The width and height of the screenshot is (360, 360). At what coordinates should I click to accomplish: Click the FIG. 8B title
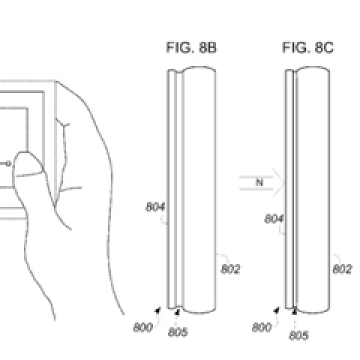191,47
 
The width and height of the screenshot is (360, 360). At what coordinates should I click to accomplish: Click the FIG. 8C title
307,47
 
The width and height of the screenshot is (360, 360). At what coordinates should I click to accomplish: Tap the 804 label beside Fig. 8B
155,207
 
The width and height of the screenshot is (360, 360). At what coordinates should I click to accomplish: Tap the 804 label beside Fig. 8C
274,219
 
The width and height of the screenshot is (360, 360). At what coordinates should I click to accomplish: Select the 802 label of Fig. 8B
230,269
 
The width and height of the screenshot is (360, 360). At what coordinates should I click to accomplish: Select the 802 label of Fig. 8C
342,269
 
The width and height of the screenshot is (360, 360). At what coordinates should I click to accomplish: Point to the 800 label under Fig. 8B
143,327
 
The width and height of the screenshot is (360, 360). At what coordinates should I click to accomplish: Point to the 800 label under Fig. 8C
262,327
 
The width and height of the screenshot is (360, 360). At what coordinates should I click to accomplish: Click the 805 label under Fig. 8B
178,332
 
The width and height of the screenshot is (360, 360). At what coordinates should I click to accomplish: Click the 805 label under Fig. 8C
298,335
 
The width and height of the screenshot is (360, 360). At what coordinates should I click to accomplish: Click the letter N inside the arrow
259,182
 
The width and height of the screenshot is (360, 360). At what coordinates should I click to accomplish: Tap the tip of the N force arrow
285,183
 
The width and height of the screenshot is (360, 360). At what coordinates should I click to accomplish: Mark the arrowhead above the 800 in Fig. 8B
157,310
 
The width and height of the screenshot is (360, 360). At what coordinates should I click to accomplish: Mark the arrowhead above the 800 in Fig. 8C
276,310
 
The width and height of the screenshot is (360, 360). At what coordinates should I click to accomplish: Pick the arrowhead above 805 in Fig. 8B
177,312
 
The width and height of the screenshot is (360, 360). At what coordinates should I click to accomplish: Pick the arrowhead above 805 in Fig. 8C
295,311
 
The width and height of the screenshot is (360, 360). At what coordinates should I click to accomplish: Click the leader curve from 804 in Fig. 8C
281,232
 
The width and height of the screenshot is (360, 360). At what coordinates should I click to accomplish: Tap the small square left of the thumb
8,163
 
